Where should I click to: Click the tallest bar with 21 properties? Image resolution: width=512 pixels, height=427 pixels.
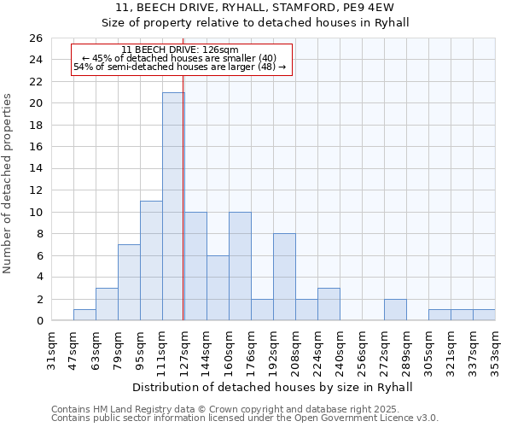click(173, 207)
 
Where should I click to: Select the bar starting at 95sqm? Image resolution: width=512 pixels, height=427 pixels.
click(151, 260)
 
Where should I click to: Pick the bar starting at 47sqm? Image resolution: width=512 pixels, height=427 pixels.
click(84, 315)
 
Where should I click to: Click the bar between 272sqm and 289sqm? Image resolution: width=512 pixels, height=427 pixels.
click(395, 310)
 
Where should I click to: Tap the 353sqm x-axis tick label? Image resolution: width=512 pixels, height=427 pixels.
click(497, 349)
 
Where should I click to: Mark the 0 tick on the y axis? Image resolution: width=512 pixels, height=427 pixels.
click(38, 321)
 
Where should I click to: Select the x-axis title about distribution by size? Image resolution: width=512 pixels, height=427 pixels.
click(273, 387)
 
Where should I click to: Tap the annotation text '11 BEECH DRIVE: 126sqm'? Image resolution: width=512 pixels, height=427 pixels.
click(180, 50)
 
